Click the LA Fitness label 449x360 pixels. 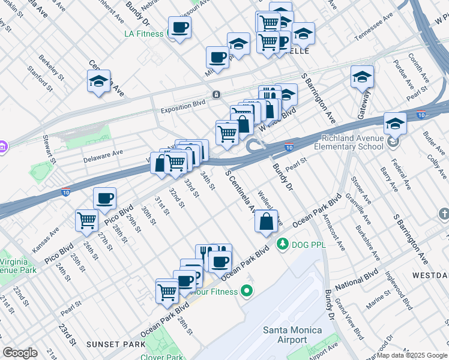pyautogui.click(x=143, y=34)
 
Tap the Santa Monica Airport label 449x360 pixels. pyautogui.click(x=292, y=335)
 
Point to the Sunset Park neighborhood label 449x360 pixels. pyautogui.click(x=115, y=344)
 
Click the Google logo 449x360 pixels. pyautogui.click(x=20, y=353)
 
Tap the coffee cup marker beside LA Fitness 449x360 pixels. pyautogui.click(x=179, y=27)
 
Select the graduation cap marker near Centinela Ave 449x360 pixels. pyautogui.click(x=99, y=82)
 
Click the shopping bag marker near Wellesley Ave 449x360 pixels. pyautogui.click(x=266, y=221)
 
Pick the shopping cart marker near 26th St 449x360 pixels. pyautogui.click(x=87, y=221)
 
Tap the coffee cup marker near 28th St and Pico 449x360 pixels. pyautogui.click(x=105, y=199)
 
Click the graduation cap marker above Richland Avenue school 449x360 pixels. pyautogui.click(x=395, y=124)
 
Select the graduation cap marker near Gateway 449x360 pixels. pyautogui.click(x=362, y=77)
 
